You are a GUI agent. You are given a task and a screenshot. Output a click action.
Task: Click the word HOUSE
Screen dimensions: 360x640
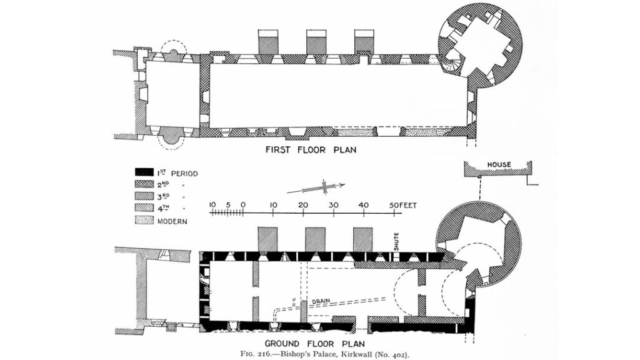pyautogui.click(x=499, y=165)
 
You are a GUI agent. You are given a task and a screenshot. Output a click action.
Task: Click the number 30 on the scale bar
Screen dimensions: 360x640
pyautogui.click(x=334, y=205)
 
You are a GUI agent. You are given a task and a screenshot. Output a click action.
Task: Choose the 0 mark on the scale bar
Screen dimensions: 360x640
pyautogui.click(x=242, y=205)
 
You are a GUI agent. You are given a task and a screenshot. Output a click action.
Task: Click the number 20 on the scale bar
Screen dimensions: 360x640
pyautogui.click(x=303, y=205)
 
